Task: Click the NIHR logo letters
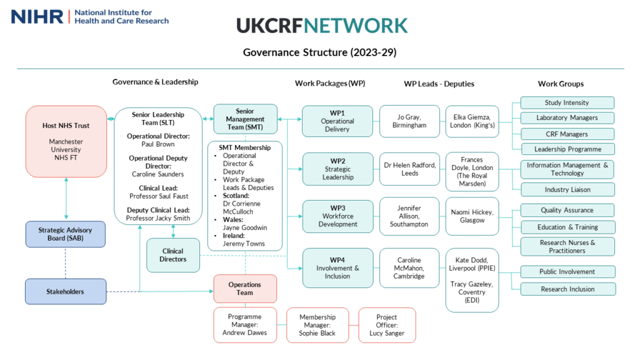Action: [37, 16]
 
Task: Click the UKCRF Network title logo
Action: [322, 25]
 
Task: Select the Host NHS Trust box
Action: [66, 141]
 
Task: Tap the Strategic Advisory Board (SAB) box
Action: [66, 234]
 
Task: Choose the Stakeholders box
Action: [66, 291]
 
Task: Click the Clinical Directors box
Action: [173, 255]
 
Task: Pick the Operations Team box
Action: [245, 289]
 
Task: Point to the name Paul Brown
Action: [158, 144]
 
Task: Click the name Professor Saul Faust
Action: [158, 196]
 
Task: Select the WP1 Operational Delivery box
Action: [337, 121]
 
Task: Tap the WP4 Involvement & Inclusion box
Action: [337, 268]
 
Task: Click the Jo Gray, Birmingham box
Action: [409, 121]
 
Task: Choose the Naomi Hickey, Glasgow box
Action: [472, 216]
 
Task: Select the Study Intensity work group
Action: [567, 102]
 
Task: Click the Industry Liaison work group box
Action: [567, 189]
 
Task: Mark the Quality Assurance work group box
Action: [567, 210]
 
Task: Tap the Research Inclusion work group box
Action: [567, 289]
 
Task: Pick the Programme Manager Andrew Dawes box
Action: [245, 325]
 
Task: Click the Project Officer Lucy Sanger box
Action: [386, 325]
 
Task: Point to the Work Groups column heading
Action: [561, 84]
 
